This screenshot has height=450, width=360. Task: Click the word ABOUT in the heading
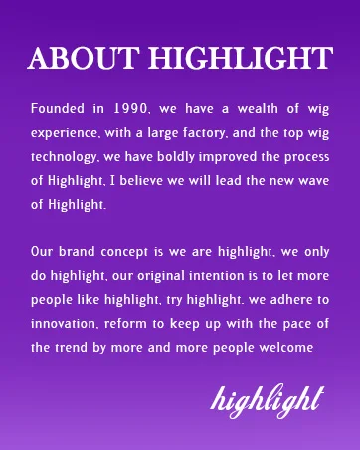tap(84, 58)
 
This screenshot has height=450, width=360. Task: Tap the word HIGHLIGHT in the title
tap(241, 58)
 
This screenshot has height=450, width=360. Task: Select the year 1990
tap(130, 109)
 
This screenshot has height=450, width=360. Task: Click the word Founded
tap(58, 108)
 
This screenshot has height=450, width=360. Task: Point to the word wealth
tap(258, 108)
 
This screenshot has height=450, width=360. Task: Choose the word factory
tap(203, 133)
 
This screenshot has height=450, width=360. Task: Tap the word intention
tap(216, 276)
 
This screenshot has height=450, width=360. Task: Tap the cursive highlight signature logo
tap(268, 400)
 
